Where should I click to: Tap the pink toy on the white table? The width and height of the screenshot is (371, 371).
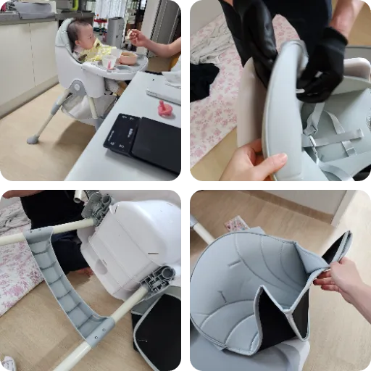166,109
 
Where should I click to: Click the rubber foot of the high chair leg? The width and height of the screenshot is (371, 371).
32,139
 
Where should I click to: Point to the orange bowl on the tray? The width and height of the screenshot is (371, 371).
128,58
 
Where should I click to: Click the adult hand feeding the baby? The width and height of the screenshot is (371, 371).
138,38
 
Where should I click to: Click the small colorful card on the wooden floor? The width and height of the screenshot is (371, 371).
235,224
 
